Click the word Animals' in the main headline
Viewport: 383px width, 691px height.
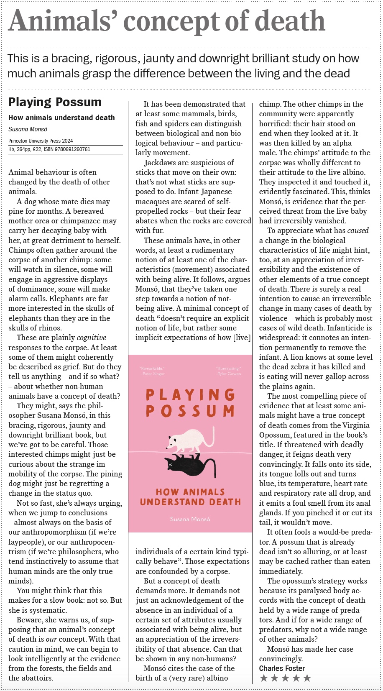pyautogui.click(x=63, y=21)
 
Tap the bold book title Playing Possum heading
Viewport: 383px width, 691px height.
pyautogui.click(x=55, y=102)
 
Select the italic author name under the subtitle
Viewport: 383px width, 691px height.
pyautogui.click(x=28, y=129)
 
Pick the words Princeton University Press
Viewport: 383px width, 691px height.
pyautogui.click(x=34, y=141)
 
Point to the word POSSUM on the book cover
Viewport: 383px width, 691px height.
pyautogui.click(x=190, y=411)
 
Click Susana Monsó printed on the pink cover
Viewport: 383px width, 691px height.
pyautogui.click(x=190, y=519)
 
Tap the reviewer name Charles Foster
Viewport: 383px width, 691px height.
pyautogui.click(x=282, y=668)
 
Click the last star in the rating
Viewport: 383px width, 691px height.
pyautogui.click(x=307, y=678)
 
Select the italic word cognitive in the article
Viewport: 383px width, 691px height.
pyautogui.click(x=92, y=338)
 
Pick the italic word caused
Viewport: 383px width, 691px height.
pyautogui.click(x=358, y=230)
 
